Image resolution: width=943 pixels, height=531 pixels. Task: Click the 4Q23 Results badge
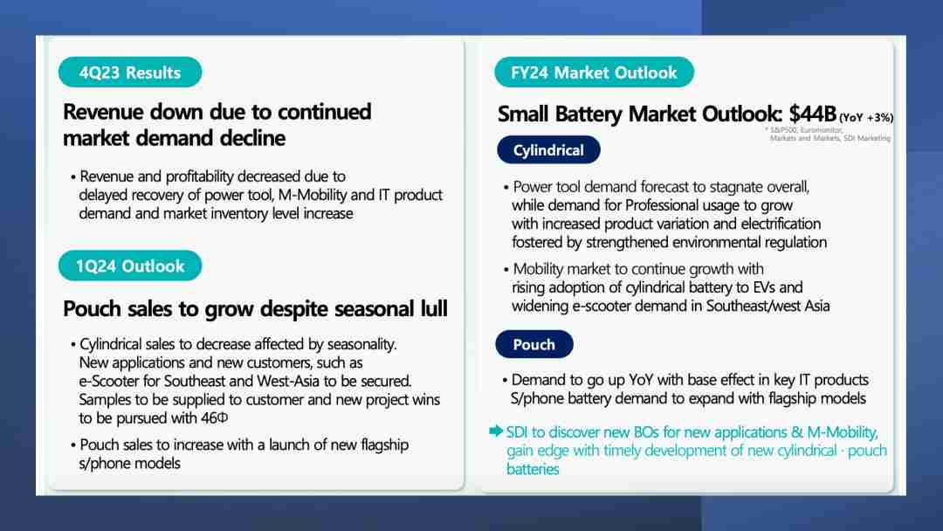coord(130,72)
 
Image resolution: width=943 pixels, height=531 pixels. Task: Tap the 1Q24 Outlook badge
coord(130,265)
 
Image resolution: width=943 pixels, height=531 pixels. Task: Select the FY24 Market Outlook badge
coord(594,72)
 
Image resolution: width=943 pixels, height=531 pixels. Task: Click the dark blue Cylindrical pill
coord(548,149)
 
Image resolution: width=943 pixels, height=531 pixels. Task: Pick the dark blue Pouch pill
coord(534,344)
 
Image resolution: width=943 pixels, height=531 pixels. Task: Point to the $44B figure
coord(813,113)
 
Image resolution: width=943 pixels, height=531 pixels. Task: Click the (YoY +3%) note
coord(866,117)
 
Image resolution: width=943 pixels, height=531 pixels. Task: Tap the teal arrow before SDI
coord(496,431)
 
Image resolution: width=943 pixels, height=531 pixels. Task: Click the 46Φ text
coord(215,417)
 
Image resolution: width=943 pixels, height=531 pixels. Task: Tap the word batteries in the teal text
coord(533,469)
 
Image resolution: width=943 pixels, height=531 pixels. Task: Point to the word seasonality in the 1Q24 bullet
coord(362,344)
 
